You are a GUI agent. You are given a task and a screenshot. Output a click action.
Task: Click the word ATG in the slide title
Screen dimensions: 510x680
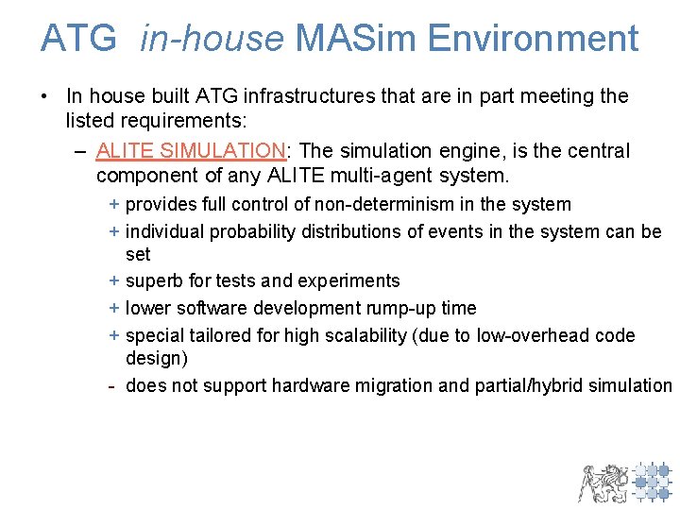[78, 39]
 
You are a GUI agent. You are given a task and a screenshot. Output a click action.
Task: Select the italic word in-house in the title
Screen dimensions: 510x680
[212, 39]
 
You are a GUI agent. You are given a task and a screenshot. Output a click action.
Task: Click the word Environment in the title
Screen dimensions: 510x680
[533, 39]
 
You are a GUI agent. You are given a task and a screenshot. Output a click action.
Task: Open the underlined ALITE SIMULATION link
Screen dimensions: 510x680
[191, 151]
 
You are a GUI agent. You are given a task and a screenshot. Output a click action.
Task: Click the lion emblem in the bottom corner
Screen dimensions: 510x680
[603, 482]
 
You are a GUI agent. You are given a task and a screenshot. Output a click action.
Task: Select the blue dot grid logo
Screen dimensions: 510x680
[653, 481]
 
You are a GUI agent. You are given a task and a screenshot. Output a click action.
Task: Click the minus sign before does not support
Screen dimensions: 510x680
[112, 385]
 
